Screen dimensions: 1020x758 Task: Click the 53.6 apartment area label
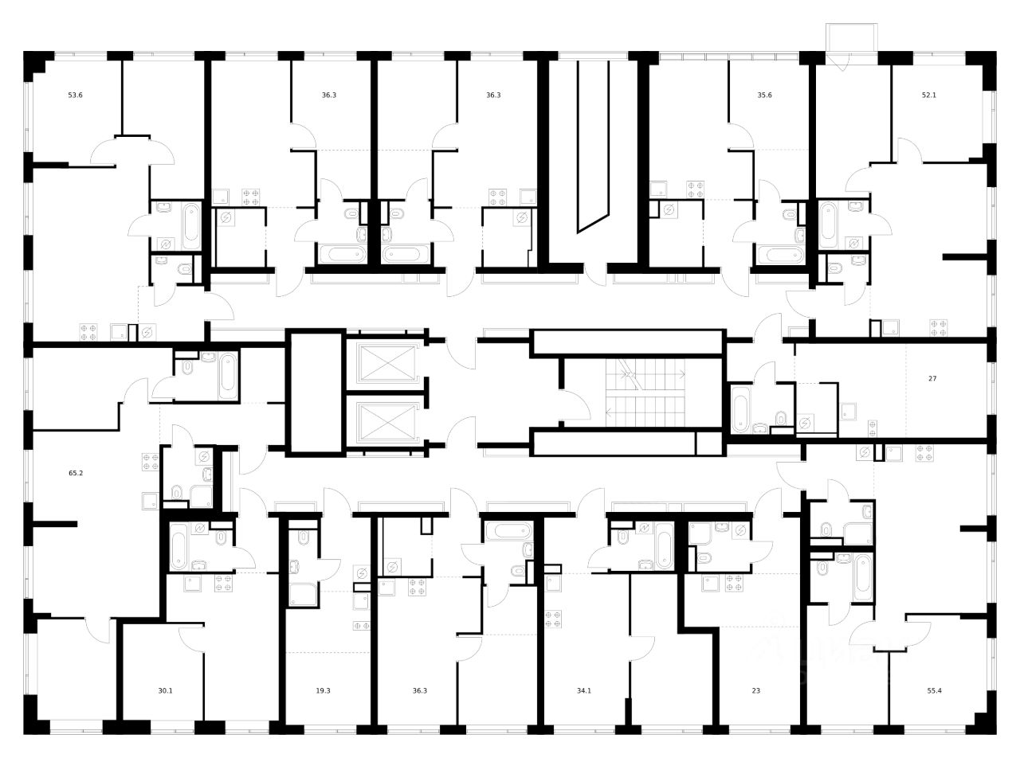pos(75,95)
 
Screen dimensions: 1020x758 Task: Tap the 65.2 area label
pos(76,473)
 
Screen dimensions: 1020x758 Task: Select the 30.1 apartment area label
pos(164,690)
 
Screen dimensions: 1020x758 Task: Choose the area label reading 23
pos(756,690)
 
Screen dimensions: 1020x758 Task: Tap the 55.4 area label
pos(928,690)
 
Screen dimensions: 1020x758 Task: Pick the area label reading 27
pos(932,378)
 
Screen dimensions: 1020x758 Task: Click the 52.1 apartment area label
pos(928,95)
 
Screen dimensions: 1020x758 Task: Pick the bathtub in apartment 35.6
pos(780,255)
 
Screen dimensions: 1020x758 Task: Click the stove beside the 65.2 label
pos(151,462)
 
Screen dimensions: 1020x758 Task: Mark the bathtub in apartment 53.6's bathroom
pos(192,226)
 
